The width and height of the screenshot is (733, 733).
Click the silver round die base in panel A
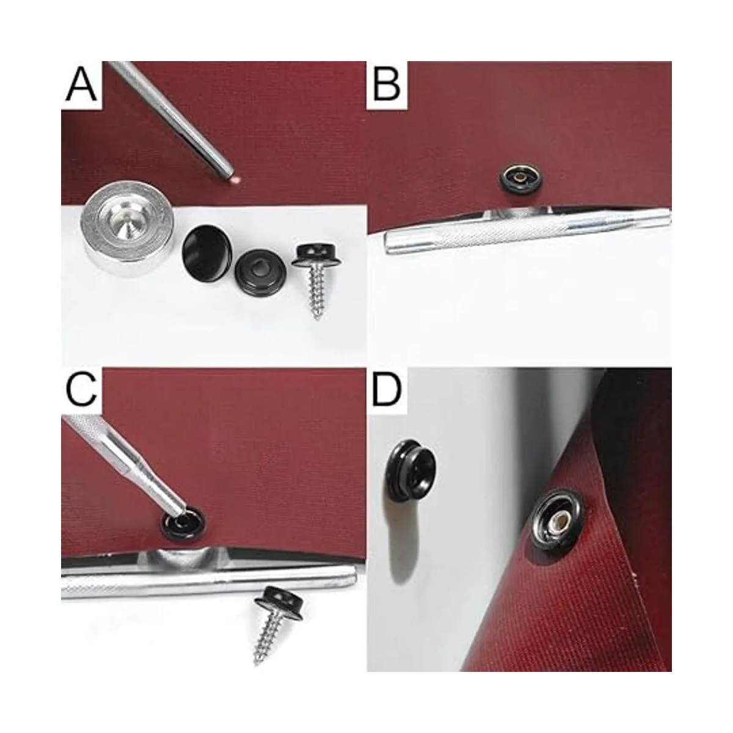coord(127,233)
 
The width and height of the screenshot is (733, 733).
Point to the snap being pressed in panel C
coord(183,523)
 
